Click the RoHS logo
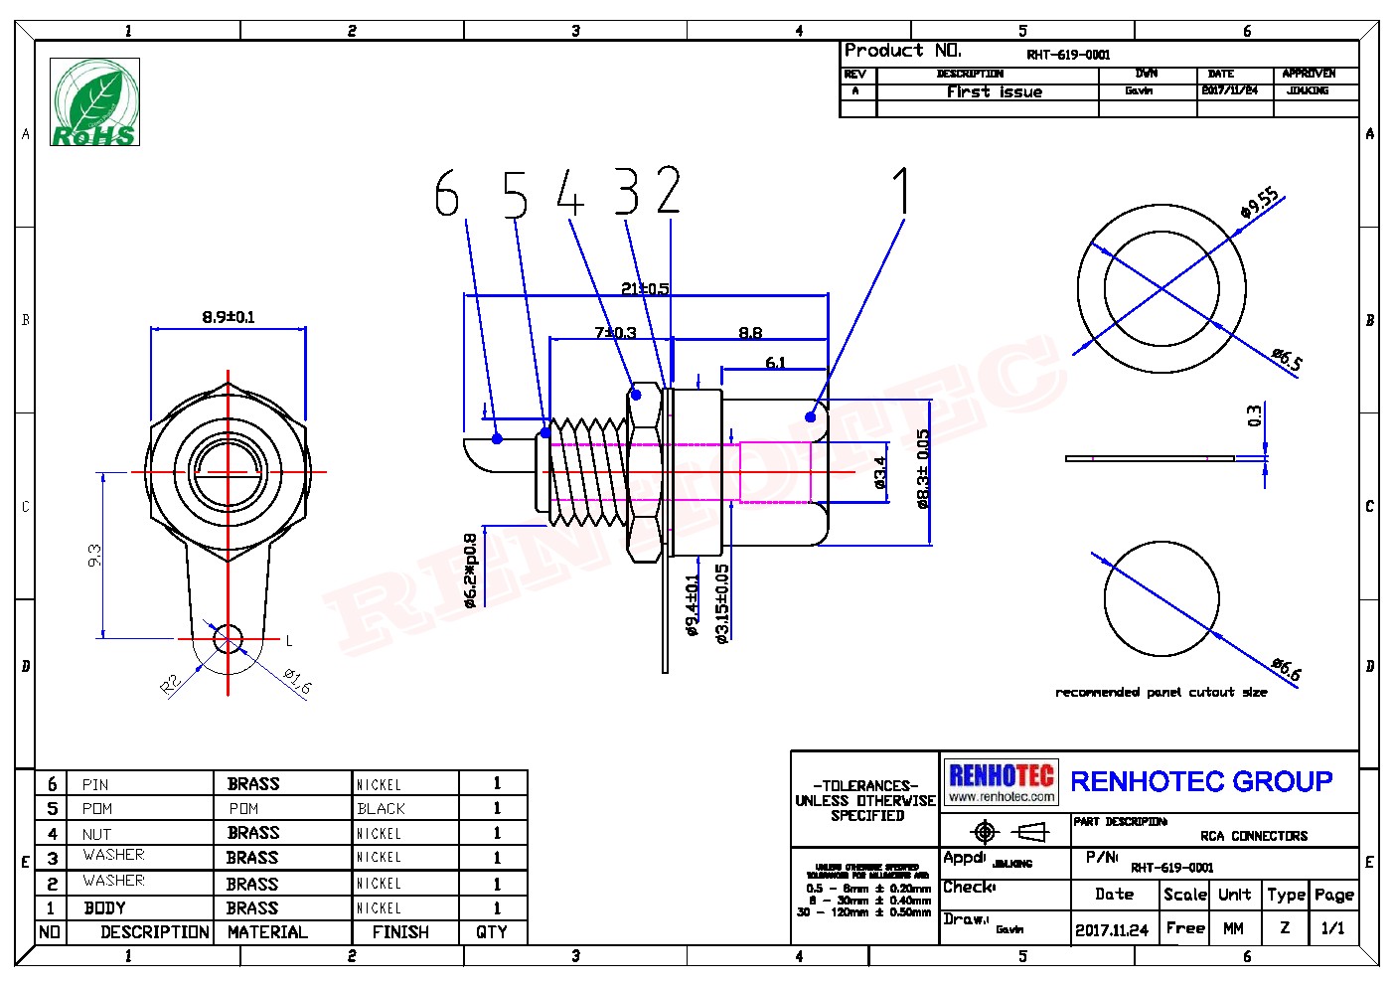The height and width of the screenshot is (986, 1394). pyautogui.click(x=95, y=102)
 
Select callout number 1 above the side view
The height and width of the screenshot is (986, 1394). pyautogui.click(x=900, y=191)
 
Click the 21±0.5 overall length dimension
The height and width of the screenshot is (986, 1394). pyautogui.click(x=645, y=288)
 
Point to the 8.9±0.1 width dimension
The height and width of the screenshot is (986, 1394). pyautogui.click(x=229, y=317)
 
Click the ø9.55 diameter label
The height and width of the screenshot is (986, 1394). pyautogui.click(x=1259, y=203)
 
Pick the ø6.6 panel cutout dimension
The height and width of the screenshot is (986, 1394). pyautogui.click(x=1286, y=669)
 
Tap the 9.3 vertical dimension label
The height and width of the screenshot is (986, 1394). pyautogui.click(x=94, y=555)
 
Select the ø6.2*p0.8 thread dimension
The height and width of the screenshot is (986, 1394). pyautogui.click(x=471, y=570)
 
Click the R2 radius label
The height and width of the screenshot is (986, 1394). pyautogui.click(x=171, y=684)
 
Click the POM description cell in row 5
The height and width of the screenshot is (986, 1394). pyautogui.click(x=97, y=809)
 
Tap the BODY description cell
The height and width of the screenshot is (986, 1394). pyautogui.click(x=104, y=907)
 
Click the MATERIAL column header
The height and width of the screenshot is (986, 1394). pyautogui.click(x=267, y=932)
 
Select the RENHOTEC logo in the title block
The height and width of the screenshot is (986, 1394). pyautogui.click(x=1001, y=782)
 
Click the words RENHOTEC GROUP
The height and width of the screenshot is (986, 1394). pyautogui.click(x=1200, y=782)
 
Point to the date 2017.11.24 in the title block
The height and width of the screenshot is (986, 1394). pyautogui.click(x=1111, y=930)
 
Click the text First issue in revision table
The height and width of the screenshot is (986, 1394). pyautogui.click(x=994, y=91)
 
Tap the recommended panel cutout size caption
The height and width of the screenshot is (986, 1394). pyautogui.click(x=1161, y=692)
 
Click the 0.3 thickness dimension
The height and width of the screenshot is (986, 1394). pyautogui.click(x=1255, y=415)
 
